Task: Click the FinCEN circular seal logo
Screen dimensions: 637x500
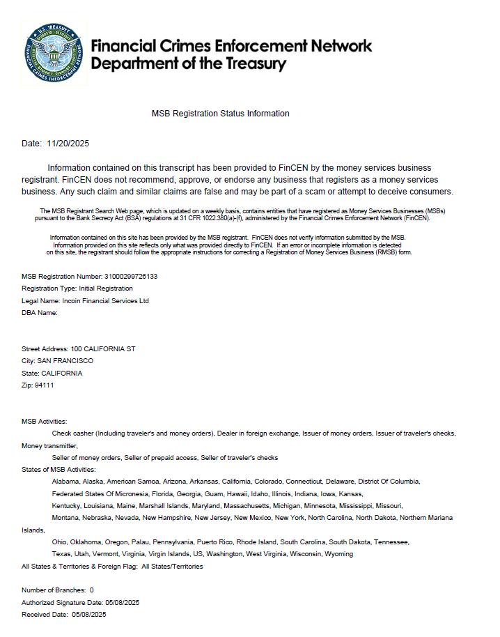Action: point(54,54)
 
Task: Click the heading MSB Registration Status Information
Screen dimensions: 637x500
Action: point(220,114)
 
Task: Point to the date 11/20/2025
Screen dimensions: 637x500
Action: point(68,144)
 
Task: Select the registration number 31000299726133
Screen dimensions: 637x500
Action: point(131,277)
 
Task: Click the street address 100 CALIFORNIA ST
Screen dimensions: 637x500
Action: point(103,348)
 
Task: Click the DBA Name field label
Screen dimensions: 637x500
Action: point(40,313)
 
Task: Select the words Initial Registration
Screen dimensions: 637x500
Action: point(106,289)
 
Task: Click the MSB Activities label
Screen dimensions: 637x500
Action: point(45,422)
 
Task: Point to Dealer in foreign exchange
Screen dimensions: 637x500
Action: point(258,433)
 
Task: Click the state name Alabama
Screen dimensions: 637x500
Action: point(65,482)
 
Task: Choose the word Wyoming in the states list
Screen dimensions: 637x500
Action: point(338,554)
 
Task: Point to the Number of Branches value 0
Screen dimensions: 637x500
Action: point(91,590)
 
